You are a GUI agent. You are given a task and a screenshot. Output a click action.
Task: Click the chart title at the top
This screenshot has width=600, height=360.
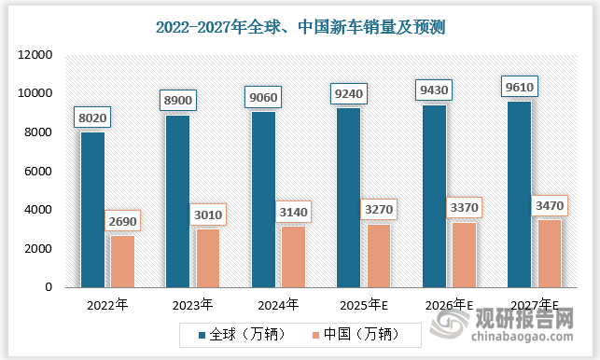[x=300, y=27]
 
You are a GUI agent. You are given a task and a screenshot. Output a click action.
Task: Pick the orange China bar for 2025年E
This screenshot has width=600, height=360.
[x=379, y=256]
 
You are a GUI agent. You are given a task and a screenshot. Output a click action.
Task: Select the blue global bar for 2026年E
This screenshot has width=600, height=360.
[x=434, y=196]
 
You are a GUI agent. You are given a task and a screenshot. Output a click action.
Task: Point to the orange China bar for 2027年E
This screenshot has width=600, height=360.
[x=550, y=253]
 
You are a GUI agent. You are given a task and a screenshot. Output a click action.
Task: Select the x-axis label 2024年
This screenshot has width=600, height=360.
[x=277, y=304]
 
